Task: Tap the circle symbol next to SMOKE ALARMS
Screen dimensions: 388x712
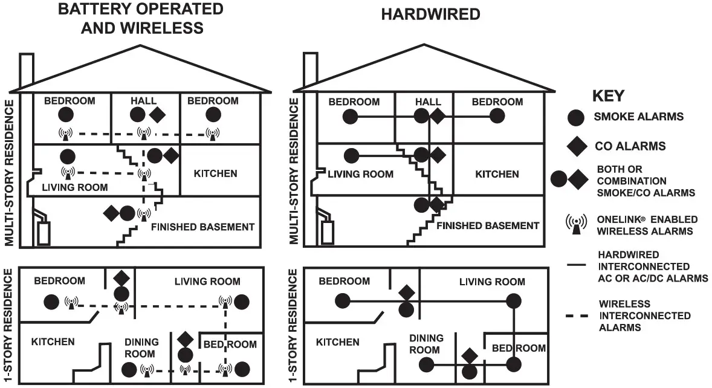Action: [577, 117]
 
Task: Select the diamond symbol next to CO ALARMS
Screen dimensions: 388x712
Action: [577, 146]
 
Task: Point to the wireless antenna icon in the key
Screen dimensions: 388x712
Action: [577, 224]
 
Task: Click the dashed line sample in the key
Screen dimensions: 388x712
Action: [577, 315]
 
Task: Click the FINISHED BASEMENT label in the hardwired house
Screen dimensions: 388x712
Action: [487, 225]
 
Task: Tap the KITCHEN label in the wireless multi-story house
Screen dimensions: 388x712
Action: [215, 173]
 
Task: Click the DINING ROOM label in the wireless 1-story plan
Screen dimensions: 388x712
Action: [141, 348]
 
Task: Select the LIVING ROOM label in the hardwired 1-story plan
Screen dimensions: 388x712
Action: [492, 282]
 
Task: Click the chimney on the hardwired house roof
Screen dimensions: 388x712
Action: [310, 69]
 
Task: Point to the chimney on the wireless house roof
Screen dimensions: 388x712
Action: [27, 70]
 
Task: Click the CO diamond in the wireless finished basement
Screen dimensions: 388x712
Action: [111, 213]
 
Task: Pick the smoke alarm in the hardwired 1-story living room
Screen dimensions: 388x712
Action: [514, 300]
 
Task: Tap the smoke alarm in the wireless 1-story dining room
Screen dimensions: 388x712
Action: [129, 368]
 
